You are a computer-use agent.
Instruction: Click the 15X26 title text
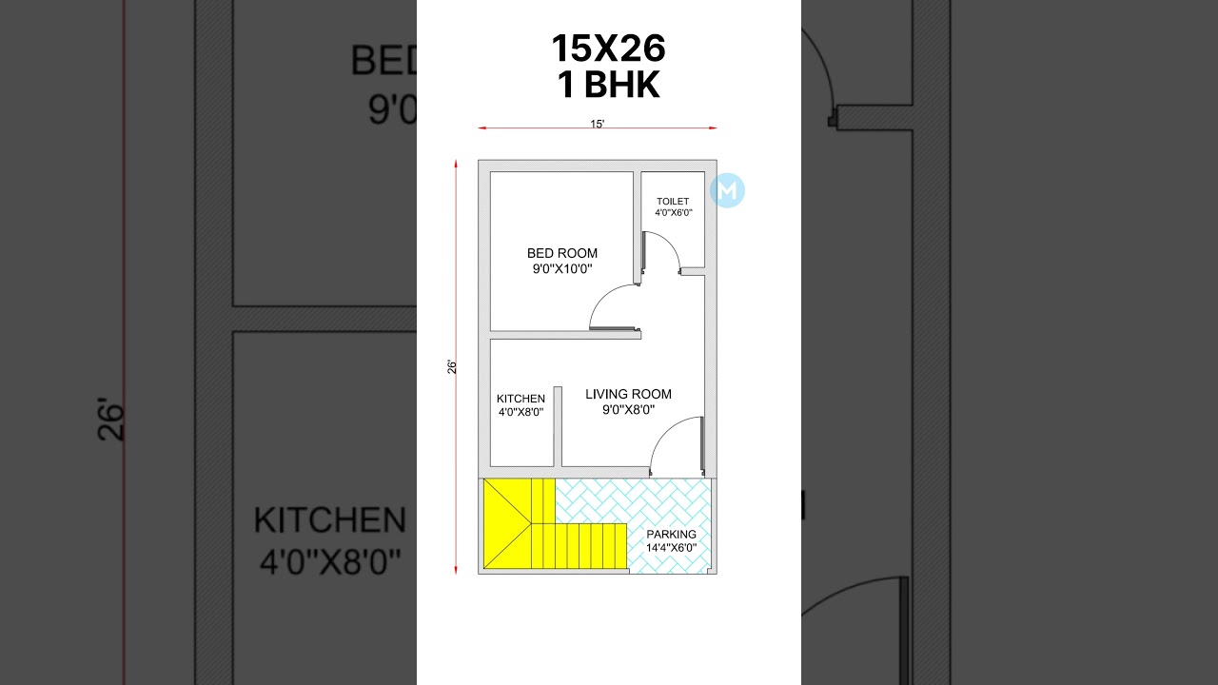[x=608, y=49]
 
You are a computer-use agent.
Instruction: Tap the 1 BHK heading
[x=608, y=86]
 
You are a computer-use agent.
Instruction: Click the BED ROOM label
[x=562, y=253]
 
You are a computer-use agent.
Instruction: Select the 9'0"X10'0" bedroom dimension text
[x=562, y=269]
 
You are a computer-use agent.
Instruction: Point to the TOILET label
[x=673, y=202]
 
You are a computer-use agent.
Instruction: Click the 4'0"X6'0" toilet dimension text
[x=673, y=213]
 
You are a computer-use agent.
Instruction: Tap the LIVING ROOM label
[x=628, y=394]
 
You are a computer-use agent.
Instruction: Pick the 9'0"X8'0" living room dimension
[x=628, y=410]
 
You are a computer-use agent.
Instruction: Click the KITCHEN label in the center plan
[x=521, y=399]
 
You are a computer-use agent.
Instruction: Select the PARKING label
[x=671, y=535]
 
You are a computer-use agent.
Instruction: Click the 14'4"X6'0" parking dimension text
[x=671, y=548]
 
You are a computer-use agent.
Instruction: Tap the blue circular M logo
[x=728, y=190]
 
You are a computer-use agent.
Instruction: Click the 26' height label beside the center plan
[x=453, y=366]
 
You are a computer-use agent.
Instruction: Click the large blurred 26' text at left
[x=110, y=423]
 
